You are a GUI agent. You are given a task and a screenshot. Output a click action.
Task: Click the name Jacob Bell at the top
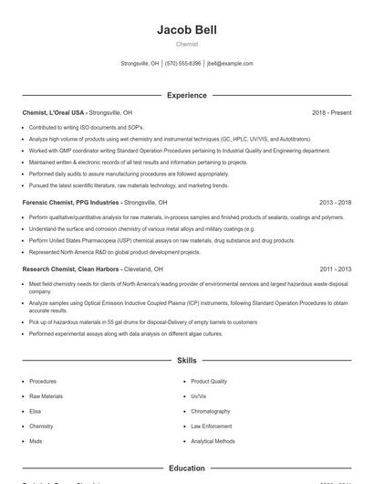pyautogui.click(x=186, y=30)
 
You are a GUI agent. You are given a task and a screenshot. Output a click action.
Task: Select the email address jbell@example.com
pyautogui.click(x=230, y=64)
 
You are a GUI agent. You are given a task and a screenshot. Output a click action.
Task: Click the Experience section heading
pyautogui.click(x=186, y=95)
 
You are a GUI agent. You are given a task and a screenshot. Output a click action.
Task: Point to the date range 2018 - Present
pyautogui.click(x=331, y=112)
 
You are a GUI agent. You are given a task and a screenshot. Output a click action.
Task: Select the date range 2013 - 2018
pyautogui.click(x=335, y=202)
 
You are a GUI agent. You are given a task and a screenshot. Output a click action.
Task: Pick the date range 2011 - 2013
pyautogui.click(x=335, y=269)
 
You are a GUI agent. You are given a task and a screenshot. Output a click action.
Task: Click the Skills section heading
pyautogui.click(x=186, y=361)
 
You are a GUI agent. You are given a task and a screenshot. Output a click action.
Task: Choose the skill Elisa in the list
pyautogui.click(x=36, y=411)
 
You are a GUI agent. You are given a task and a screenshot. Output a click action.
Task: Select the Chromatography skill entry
pyautogui.click(x=211, y=411)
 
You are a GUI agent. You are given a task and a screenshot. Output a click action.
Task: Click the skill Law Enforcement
pyautogui.click(x=212, y=426)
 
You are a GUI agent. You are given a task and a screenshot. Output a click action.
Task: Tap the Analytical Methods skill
pyautogui.click(x=213, y=441)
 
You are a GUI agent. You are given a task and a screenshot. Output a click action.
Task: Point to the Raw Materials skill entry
pyautogui.click(x=46, y=396)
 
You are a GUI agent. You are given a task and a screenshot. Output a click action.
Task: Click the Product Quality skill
pyautogui.click(x=209, y=381)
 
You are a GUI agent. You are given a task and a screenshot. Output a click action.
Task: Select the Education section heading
pyautogui.click(x=186, y=468)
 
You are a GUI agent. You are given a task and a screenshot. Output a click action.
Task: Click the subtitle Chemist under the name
pyautogui.click(x=186, y=44)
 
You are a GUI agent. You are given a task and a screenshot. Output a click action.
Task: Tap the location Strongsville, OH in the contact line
pyautogui.click(x=140, y=64)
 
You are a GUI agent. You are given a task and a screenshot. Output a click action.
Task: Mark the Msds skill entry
pyautogui.click(x=36, y=441)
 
